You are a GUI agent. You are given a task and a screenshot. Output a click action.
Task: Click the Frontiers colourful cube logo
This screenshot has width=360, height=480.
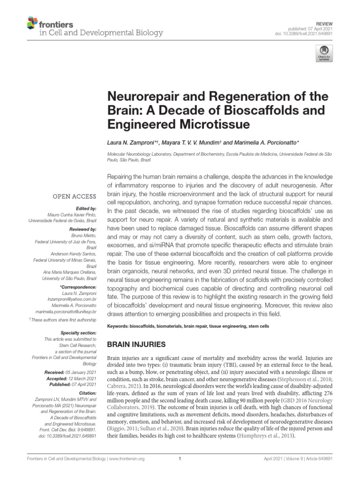[32, 22]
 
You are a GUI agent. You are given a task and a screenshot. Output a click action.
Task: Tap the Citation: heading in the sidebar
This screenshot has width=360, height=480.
[87, 393]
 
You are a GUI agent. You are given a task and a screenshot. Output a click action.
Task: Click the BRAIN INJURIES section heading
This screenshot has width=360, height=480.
[136, 345]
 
